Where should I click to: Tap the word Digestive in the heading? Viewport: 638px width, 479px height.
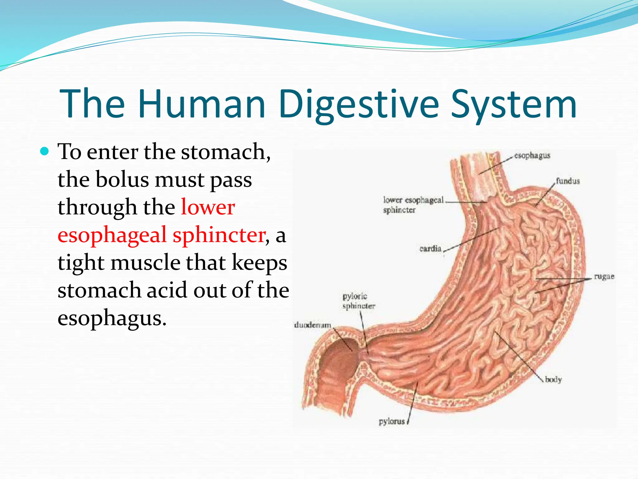coord(358,104)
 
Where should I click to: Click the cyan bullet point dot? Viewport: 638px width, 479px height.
coord(45,152)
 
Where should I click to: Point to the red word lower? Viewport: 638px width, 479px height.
coord(208,207)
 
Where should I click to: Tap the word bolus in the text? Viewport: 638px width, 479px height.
coord(122,179)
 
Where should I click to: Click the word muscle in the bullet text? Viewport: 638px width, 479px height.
coord(145,263)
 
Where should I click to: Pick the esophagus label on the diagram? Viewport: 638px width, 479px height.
coord(532,155)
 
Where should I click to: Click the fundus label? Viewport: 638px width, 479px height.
coord(568,181)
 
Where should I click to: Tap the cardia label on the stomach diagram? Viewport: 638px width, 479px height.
coord(430,249)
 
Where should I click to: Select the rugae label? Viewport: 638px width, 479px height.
coord(604,276)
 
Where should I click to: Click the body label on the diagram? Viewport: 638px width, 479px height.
coord(553,380)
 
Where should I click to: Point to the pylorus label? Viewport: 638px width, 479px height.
coord(392,422)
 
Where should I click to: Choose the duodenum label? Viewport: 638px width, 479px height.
coord(312,325)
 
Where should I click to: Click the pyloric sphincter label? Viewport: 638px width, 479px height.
coord(358,301)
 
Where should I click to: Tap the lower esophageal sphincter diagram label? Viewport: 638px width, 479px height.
coord(413,205)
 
